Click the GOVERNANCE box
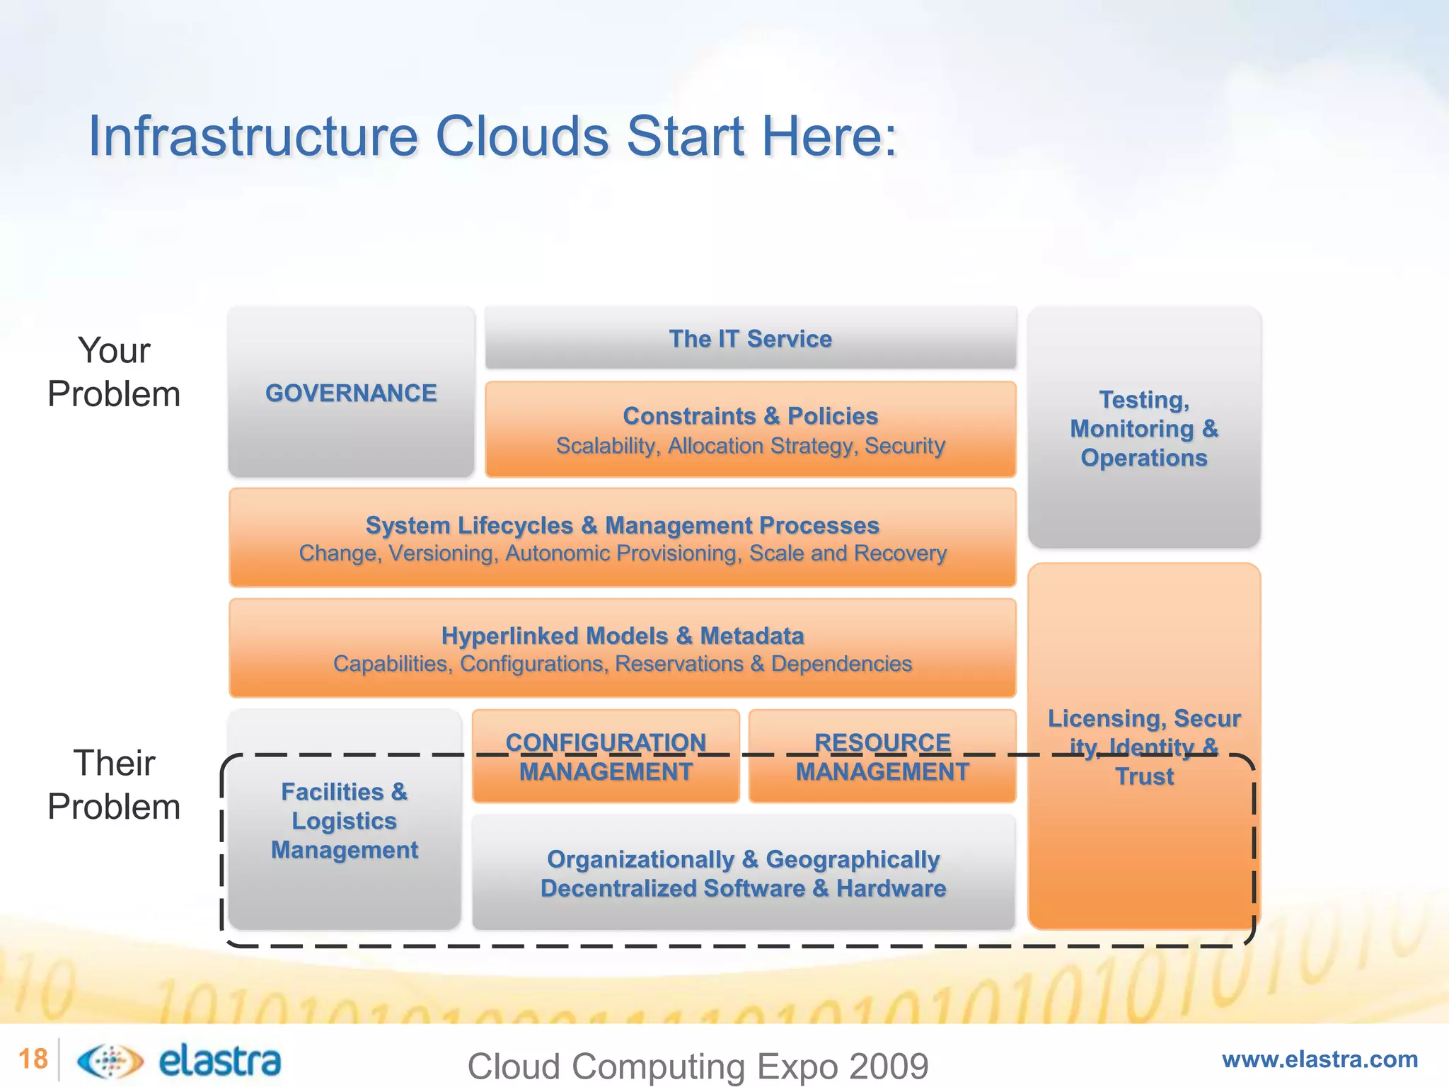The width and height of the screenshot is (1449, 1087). pos(351,393)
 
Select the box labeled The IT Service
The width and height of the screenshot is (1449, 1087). pos(750,338)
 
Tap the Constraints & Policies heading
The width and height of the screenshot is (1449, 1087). pos(750,415)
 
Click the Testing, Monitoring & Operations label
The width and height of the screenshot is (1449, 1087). pos(1143,428)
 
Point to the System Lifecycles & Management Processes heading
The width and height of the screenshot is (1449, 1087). pos(622,525)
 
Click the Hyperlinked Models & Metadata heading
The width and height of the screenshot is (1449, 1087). pos(622,635)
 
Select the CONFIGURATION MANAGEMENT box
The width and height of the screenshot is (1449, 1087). pos(606,757)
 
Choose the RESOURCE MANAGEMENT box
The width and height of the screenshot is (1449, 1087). pos(882,757)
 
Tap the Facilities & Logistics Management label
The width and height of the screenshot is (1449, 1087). pos(344,820)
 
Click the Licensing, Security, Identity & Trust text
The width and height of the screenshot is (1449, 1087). pos(1143,747)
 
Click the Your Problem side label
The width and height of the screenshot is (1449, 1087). pos(114,372)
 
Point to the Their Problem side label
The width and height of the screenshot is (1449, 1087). pos(114,785)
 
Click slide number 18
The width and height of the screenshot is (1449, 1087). pos(33,1059)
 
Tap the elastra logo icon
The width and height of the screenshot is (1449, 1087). pos(110,1060)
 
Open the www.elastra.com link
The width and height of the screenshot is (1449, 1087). pos(1320,1059)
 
